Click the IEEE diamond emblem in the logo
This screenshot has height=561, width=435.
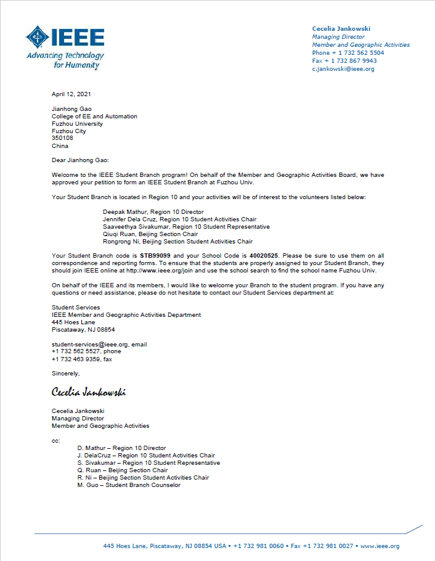[38, 38]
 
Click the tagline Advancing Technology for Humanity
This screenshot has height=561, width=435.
[65, 60]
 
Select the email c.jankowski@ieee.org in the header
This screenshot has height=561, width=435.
[343, 69]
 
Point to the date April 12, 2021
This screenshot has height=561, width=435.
[71, 94]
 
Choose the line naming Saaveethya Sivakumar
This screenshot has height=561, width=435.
[186, 227]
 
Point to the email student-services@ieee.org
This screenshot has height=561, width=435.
[90, 344]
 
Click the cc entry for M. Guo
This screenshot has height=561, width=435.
[129, 485]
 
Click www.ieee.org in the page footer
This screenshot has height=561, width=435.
[380, 546]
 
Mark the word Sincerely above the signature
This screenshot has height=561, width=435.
[65, 374]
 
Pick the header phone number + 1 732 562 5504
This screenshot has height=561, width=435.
[348, 53]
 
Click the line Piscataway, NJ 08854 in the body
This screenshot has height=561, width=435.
[83, 330]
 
